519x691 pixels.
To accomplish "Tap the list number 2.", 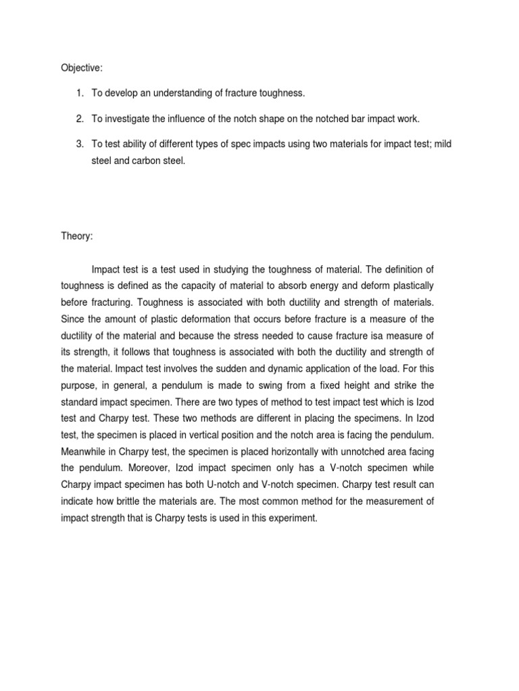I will (x=80, y=119).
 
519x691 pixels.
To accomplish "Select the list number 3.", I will (x=80, y=144).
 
